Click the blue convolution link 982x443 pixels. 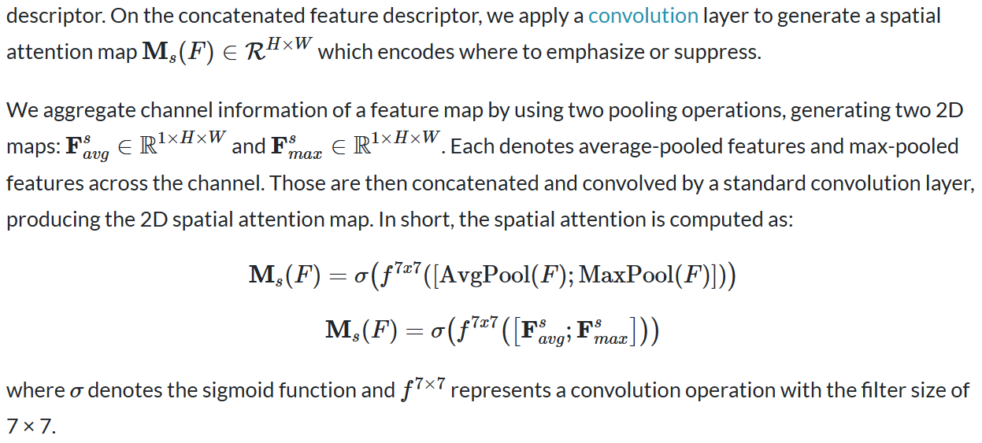click(643, 16)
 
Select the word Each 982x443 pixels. click(472, 146)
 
